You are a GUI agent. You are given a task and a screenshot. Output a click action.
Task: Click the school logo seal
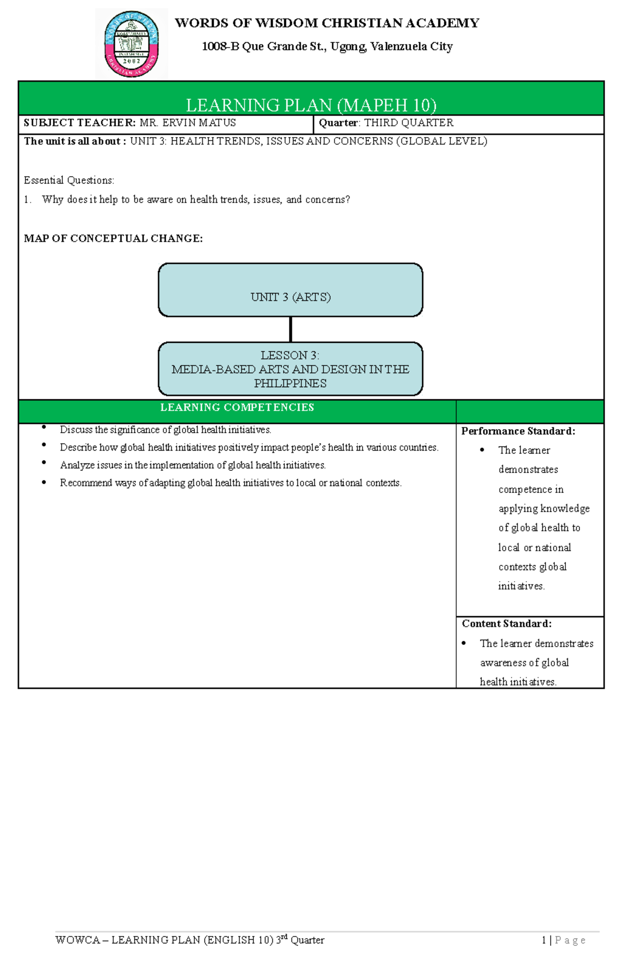tap(132, 44)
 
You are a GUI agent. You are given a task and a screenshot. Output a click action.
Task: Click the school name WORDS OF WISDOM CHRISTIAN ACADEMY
tap(327, 24)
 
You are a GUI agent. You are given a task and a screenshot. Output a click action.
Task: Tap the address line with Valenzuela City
tap(327, 47)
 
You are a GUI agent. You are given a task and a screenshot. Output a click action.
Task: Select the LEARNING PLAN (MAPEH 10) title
tap(311, 105)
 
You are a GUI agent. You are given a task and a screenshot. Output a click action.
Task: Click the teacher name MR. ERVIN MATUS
tap(188, 123)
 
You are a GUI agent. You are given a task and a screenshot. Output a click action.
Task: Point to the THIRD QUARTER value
tap(409, 123)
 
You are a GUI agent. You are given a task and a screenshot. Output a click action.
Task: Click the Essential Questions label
tap(69, 180)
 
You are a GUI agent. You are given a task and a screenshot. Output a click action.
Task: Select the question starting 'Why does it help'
tap(196, 200)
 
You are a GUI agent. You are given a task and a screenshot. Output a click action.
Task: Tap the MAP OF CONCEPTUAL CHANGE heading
tap(113, 239)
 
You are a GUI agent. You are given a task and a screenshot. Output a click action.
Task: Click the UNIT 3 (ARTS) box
tap(291, 291)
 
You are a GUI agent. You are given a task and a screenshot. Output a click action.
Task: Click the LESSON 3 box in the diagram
tap(291, 369)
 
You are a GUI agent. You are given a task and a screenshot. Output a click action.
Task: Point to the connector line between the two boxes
tap(291, 329)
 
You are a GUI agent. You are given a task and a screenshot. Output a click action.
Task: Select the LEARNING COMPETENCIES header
tap(237, 408)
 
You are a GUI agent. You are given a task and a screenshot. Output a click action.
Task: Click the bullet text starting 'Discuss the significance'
tap(166, 430)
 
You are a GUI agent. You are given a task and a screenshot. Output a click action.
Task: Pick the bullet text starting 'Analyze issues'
tap(193, 465)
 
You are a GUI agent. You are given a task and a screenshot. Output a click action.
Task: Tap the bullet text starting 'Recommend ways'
tap(230, 483)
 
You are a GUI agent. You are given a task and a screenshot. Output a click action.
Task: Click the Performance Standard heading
tap(518, 431)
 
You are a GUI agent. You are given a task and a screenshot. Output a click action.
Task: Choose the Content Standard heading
tap(506, 623)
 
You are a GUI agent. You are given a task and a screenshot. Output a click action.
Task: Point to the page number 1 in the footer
tap(544, 940)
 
